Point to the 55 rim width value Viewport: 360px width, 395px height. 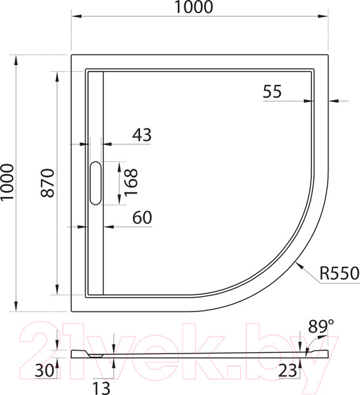(x=272, y=92)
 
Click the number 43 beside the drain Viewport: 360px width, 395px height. (x=141, y=135)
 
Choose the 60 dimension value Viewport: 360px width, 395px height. (x=141, y=218)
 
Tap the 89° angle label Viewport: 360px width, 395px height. (x=321, y=325)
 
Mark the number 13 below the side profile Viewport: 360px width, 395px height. (x=99, y=387)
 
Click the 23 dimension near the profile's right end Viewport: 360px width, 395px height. (x=287, y=371)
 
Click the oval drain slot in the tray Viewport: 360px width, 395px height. (x=95, y=182)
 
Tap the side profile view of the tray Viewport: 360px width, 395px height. (x=197, y=354)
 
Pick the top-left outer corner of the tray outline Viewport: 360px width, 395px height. (x=71, y=55)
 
